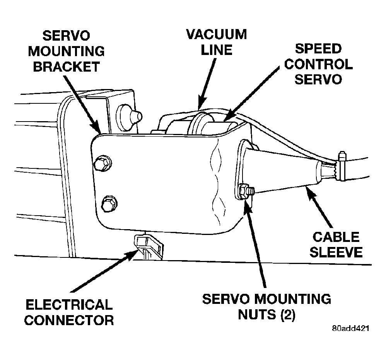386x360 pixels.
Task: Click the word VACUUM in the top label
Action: click(217, 34)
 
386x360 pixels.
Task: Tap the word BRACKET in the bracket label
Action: click(67, 67)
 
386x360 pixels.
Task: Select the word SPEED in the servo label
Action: click(318, 48)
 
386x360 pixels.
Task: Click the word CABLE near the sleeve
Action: click(336, 237)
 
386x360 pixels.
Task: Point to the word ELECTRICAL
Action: click(69, 305)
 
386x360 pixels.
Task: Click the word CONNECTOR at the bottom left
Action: click(69, 320)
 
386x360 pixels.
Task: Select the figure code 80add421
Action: click(350, 328)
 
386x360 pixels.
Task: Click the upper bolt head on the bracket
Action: click(102, 163)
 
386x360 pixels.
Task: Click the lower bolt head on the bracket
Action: click(109, 203)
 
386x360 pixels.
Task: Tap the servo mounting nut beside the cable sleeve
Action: click(245, 190)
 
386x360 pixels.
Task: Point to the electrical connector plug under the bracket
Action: click(148, 247)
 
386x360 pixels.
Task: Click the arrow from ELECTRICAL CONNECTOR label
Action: click(105, 271)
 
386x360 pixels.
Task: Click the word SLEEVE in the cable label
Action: click(336, 252)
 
